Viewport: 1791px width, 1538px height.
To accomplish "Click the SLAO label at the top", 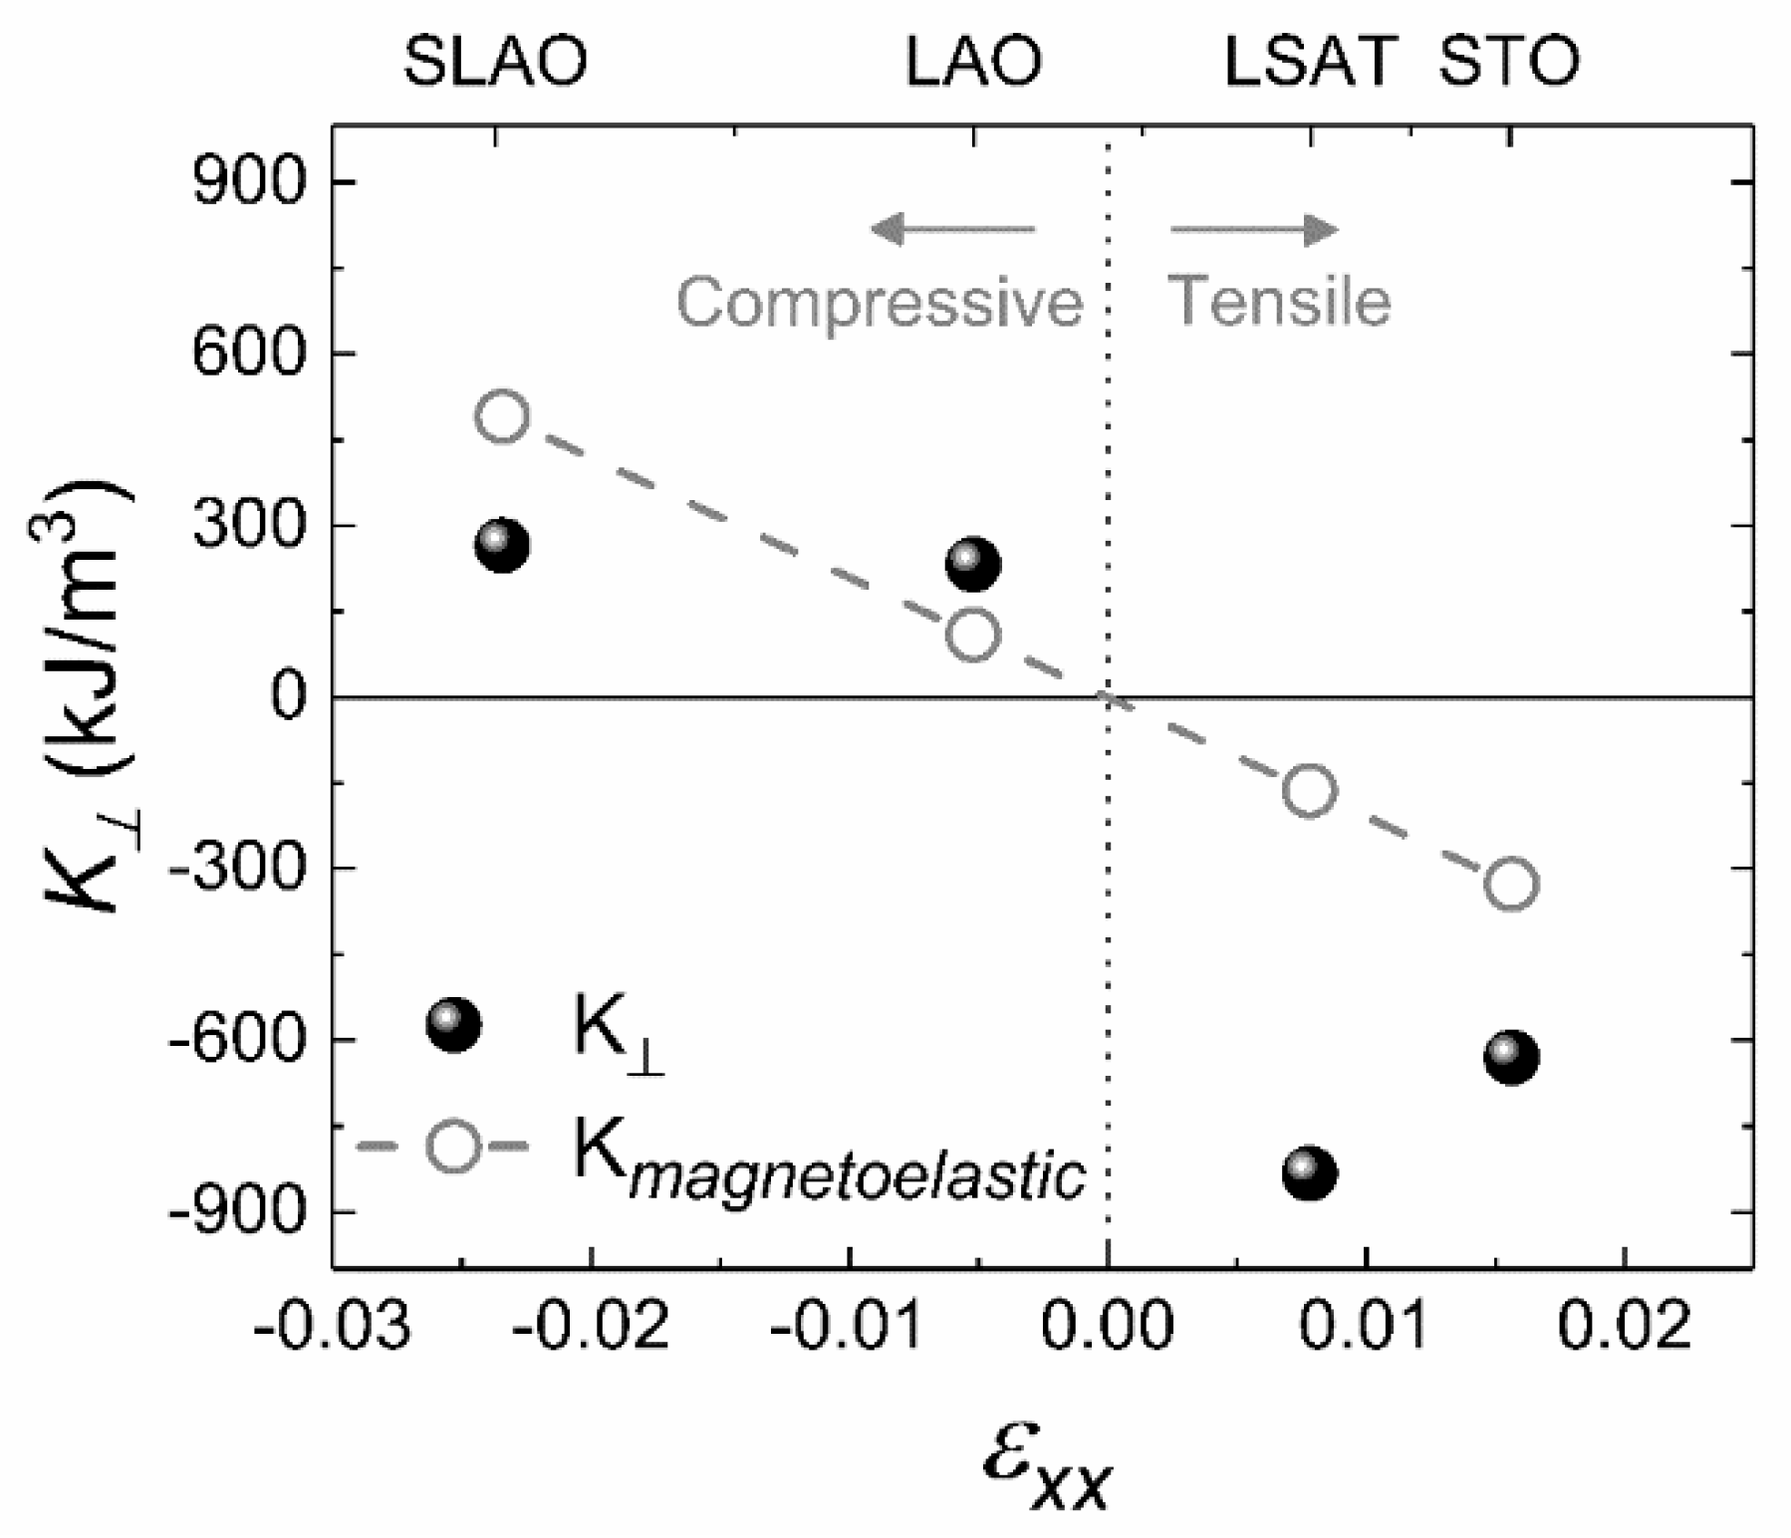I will click(495, 61).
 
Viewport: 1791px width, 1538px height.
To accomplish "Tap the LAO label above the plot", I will click(972, 61).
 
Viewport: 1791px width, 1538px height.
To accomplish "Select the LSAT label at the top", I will click(1309, 61).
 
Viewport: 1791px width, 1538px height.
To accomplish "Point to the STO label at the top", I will click(1509, 61).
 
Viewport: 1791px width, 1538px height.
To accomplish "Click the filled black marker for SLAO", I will click(502, 545).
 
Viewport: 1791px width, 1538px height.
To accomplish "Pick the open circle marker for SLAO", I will click(502, 415).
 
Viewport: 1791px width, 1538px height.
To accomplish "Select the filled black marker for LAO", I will click(972, 565).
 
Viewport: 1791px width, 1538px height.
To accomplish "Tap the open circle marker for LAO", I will click(972, 635).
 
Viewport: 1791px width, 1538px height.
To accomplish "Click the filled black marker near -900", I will click(1309, 1172).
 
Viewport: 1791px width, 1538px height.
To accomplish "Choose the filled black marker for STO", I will click(1511, 1057).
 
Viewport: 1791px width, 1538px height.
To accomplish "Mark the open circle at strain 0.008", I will click(1309, 790).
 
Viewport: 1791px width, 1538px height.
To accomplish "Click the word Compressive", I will click(880, 302).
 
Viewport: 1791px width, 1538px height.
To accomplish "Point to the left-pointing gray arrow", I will click(952, 229).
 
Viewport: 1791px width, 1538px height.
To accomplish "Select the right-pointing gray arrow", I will click(1255, 229).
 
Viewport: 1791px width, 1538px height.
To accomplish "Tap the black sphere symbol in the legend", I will click(453, 1025).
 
